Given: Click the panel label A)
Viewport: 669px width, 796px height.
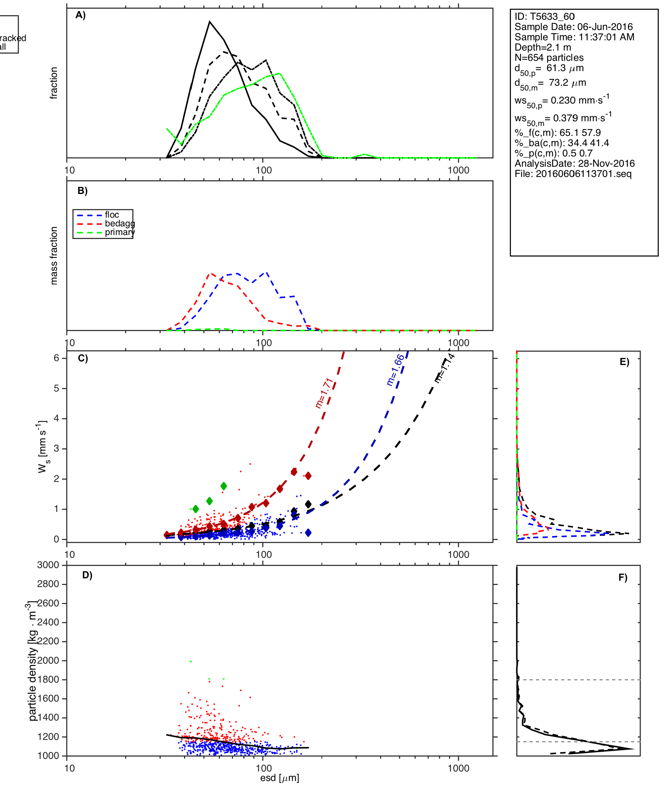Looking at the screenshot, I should click(x=81, y=15).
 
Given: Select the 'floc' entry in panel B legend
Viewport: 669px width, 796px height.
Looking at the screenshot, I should click(x=112, y=215).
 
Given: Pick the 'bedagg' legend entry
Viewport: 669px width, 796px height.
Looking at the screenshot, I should click(x=120, y=224).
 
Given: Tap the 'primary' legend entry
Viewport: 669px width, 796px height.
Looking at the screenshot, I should click(x=120, y=232).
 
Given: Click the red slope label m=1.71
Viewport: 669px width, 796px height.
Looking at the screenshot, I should click(x=325, y=393).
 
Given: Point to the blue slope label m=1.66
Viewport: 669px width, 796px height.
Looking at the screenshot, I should click(x=395, y=370).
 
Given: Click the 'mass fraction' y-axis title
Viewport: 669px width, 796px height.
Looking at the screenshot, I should click(x=54, y=256).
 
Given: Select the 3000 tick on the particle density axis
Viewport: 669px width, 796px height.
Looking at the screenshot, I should click(x=48, y=565).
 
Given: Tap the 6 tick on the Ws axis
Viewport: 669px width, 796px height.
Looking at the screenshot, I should click(x=56, y=358).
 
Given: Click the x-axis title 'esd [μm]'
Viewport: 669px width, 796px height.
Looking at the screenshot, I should click(x=279, y=778).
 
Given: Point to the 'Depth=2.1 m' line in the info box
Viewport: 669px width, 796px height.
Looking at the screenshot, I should click(x=543, y=47).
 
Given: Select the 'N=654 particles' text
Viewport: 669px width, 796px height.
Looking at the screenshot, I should click(x=549, y=58).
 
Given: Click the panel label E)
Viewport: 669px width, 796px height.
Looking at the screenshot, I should click(x=624, y=362).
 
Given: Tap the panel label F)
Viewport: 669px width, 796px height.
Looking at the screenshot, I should click(x=623, y=578).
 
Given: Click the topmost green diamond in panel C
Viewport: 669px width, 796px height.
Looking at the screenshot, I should click(x=224, y=486).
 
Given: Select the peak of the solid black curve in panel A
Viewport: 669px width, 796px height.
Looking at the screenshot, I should click(x=210, y=22).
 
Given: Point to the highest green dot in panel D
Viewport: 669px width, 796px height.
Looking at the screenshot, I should click(x=191, y=661).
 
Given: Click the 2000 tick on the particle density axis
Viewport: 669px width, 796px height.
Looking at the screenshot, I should click(x=48, y=661).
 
